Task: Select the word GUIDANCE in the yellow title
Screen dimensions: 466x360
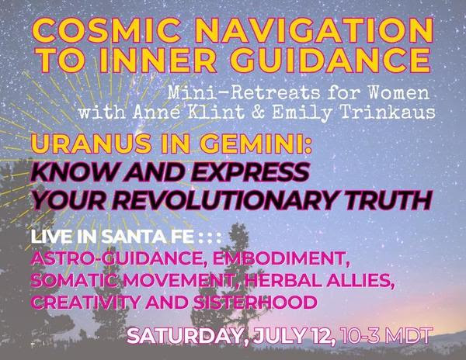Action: pyautogui.click(x=330, y=59)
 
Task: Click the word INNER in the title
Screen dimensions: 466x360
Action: pyautogui.click(x=157, y=59)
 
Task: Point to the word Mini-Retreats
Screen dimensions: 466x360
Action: pyautogui.click(x=245, y=93)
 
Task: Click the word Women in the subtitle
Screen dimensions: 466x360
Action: pyautogui.click(x=399, y=93)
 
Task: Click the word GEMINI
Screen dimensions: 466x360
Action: pyautogui.click(x=252, y=144)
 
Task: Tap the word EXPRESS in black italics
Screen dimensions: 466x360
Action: pyautogui.click(x=252, y=172)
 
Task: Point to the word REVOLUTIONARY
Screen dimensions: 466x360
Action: pyautogui.click(x=219, y=200)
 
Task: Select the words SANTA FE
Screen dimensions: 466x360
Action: pyautogui.click(x=148, y=237)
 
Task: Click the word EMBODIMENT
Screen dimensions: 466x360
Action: pyautogui.click(x=281, y=258)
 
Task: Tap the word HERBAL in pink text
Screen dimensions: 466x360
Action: pyautogui.click(x=283, y=280)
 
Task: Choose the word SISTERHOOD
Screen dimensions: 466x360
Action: pyautogui.click(x=255, y=302)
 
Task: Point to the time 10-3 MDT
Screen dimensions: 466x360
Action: pyautogui.click(x=385, y=336)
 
